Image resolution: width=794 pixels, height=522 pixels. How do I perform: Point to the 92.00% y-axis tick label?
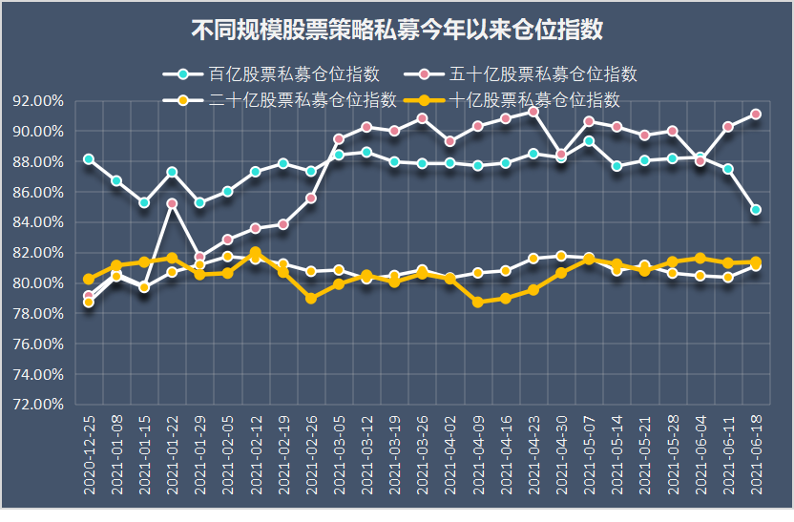pyautogui.click(x=39, y=101)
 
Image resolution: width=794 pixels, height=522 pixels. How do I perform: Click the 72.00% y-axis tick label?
pyautogui.click(x=39, y=405)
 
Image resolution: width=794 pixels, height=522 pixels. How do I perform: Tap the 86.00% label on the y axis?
pyautogui.click(x=39, y=192)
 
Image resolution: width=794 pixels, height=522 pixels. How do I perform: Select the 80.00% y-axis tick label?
pyautogui.click(x=39, y=283)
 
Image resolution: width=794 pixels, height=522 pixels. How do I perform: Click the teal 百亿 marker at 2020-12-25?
pyautogui.click(x=89, y=159)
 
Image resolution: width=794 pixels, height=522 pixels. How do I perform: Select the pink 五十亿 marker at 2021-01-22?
pyautogui.click(x=172, y=203)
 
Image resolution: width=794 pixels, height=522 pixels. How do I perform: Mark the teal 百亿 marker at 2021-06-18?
pyautogui.click(x=756, y=210)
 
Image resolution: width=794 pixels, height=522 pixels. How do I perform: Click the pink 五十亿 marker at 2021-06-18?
pyautogui.click(x=756, y=114)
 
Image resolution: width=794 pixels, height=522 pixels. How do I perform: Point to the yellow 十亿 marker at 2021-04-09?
pyautogui.click(x=478, y=302)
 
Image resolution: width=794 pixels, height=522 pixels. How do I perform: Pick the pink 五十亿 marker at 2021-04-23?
pyautogui.click(x=533, y=112)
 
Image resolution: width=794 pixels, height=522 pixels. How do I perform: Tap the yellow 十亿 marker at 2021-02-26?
pyautogui.click(x=311, y=299)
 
